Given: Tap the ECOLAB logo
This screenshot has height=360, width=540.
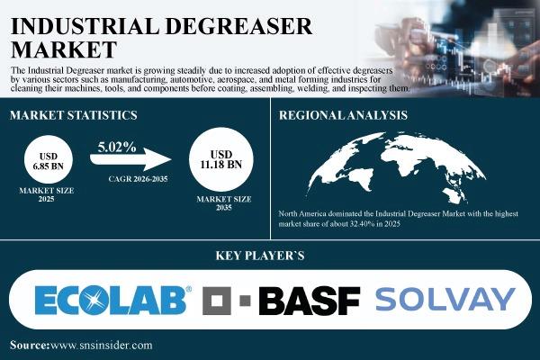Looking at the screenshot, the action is point(113,300).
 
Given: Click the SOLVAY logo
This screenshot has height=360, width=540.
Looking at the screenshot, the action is point(445,300).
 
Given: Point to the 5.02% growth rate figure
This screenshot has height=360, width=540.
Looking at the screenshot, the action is point(117,147).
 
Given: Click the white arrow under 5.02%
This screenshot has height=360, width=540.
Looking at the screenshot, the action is point(130,159).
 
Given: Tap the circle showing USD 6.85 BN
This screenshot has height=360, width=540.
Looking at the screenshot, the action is point(49,159).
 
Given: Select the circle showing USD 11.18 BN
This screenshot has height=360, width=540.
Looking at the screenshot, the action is point(221,159).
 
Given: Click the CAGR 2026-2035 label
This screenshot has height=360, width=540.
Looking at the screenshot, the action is point(138,179).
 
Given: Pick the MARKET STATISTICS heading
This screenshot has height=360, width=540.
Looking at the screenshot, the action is point(74,115).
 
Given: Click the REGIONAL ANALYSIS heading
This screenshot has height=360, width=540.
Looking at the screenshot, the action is point(343,115).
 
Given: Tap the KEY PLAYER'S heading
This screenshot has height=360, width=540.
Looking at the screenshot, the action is point(260,256).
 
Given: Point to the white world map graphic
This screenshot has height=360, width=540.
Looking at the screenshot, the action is point(396,167).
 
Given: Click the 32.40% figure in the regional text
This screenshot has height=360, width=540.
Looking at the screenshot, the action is point(362,223).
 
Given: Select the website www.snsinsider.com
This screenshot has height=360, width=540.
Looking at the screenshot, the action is point(102,346).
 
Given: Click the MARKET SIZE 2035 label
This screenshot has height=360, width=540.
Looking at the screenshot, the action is point(224,203).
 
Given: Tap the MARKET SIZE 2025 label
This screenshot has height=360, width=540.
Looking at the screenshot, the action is point(47,194).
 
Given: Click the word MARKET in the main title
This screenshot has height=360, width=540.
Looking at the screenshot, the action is point(64,49).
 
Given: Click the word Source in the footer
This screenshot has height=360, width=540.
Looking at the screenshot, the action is point(30,346).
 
